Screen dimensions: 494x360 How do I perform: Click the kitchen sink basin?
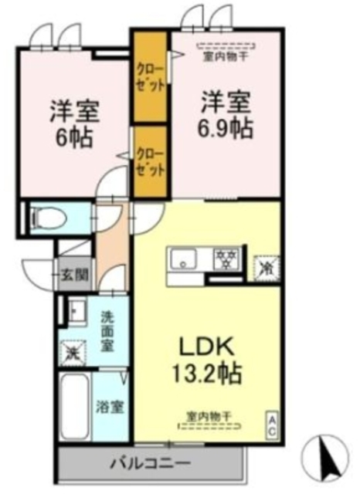[x=185, y=261]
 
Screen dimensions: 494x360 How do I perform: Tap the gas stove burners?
[x=226, y=260]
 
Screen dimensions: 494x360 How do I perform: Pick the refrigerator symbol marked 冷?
[x=266, y=267]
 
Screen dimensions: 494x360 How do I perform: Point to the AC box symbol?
[x=272, y=425]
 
